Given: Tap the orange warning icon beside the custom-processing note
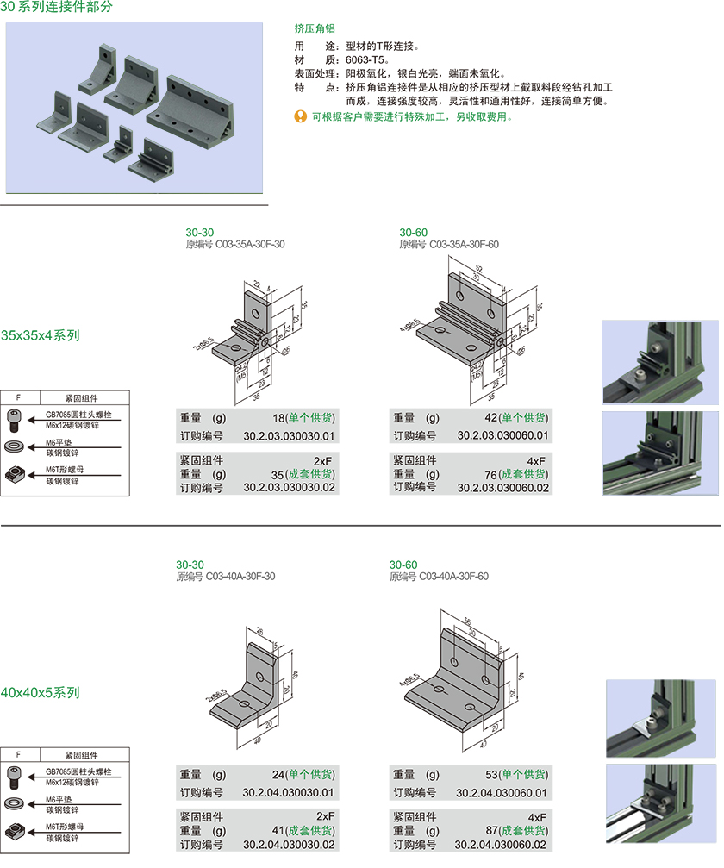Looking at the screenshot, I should coord(300,116).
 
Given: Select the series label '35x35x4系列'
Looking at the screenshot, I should coord(40,335).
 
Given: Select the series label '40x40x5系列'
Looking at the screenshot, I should coord(40,692).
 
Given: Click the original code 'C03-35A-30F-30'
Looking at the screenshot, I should coord(249,245).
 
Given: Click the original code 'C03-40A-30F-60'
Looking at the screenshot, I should coord(453,577).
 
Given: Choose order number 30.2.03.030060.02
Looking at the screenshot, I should coord(502,488).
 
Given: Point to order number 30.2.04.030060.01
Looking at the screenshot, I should coord(502,793).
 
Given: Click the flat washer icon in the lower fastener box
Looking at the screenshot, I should coord(16,803).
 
